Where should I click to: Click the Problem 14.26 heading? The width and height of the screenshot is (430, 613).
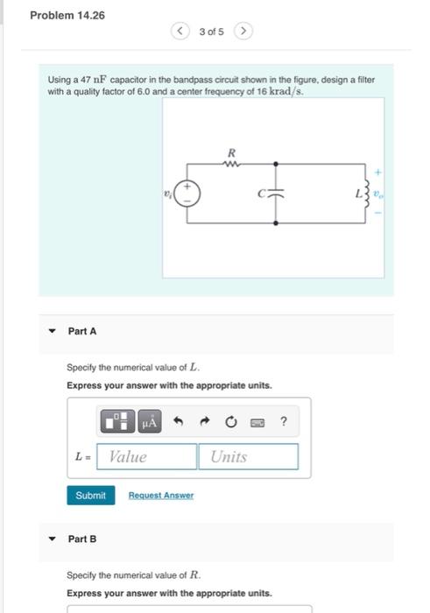point(67,15)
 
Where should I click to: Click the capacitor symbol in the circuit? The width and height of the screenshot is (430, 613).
point(277,194)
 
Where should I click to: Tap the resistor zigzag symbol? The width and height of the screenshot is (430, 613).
point(231,162)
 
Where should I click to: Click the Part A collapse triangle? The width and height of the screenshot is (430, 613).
point(53,331)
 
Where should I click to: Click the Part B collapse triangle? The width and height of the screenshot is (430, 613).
point(53,539)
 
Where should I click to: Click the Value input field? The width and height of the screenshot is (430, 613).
point(147,456)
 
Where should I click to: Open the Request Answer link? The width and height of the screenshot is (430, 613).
point(161,496)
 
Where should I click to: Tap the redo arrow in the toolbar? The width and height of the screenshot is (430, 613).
point(205,422)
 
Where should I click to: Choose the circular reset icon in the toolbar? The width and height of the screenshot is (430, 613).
point(231,422)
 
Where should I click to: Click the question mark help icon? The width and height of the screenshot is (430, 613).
point(284,422)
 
